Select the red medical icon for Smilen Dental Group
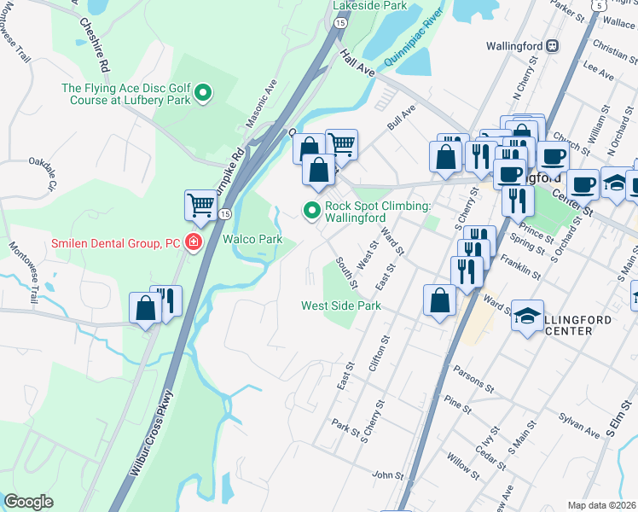194,243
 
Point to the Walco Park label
252,240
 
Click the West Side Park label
341,305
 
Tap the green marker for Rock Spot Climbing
312,209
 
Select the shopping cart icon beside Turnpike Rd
200,204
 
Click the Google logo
29,502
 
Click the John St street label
386,474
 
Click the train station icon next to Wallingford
552,45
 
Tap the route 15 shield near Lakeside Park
340,24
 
